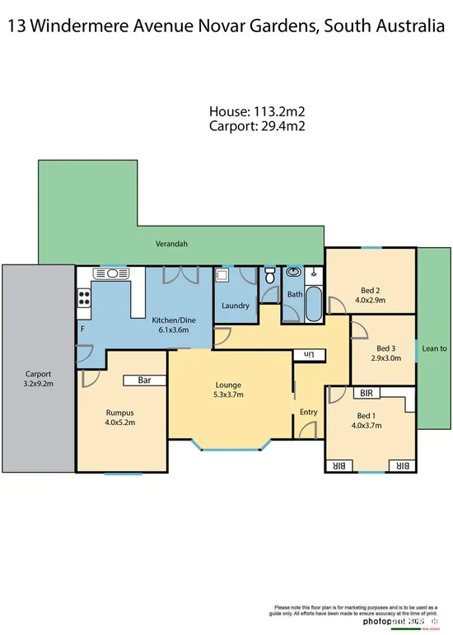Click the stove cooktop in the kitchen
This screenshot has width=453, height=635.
(x=83, y=299)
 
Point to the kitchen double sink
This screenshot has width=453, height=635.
(x=109, y=273)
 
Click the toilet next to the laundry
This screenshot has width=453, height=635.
(x=270, y=277)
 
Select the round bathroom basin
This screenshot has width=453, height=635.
(x=293, y=273)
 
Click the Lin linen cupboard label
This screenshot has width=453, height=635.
(x=310, y=354)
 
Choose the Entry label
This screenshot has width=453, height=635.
(x=308, y=412)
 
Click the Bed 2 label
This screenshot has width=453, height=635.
(x=371, y=290)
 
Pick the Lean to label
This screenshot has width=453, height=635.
(x=434, y=348)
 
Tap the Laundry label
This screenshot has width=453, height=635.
(x=236, y=306)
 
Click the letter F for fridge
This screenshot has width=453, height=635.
(x=82, y=329)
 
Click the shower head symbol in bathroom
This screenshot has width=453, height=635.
(x=313, y=272)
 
